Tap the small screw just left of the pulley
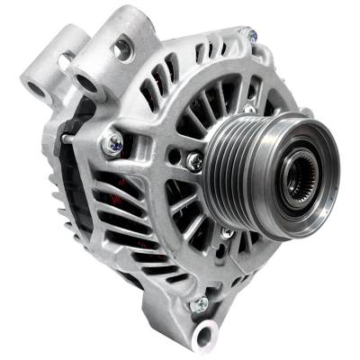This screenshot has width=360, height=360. click(194, 161)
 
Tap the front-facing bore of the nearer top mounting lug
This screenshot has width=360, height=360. click(87, 84)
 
